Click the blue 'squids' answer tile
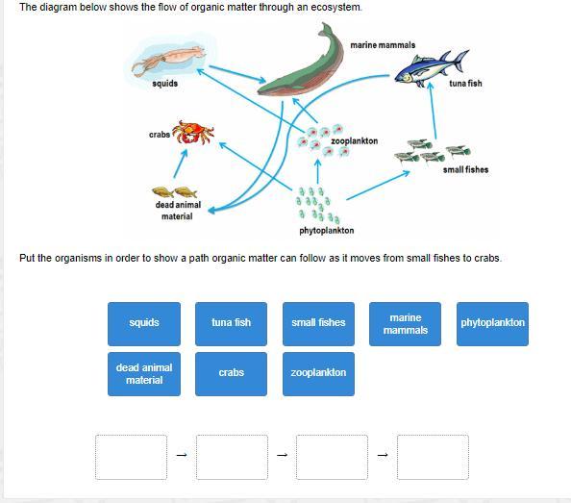(x=144, y=324)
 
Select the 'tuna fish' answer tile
(x=232, y=324)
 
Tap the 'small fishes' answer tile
(x=318, y=324)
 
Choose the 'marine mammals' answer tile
(x=406, y=324)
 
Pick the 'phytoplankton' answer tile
(x=493, y=324)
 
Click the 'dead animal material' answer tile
(x=144, y=374)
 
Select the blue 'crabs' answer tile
(x=232, y=374)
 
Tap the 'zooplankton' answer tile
(x=318, y=374)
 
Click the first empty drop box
(x=131, y=457)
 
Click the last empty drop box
(x=433, y=457)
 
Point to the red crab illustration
(x=193, y=132)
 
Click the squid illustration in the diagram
(x=168, y=60)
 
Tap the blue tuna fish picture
(x=433, y=68)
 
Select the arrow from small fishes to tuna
(x=433, y=111)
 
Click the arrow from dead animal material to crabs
(x=181, y=163)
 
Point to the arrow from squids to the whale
(x=237, y=74)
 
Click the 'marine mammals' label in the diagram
(x=383, y=45)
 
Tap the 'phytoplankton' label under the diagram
(x=327, y=231)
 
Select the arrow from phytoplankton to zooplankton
(x=318, y=171)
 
